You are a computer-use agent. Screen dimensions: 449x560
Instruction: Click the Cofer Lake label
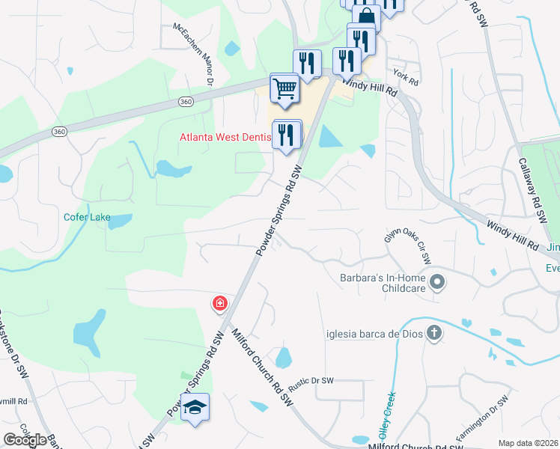87,218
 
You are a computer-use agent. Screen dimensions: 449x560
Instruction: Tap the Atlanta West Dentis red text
224,138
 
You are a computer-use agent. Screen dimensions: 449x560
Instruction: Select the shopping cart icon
284,90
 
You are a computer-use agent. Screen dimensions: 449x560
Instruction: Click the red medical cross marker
220,303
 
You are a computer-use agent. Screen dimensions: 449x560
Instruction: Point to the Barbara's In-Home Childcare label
383,282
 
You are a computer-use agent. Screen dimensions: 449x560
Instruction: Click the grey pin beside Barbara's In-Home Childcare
439,283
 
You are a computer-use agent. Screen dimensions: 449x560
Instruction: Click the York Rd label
405,74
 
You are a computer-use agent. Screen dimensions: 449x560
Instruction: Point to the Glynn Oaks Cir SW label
408,246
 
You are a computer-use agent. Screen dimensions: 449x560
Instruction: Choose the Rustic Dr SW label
311,381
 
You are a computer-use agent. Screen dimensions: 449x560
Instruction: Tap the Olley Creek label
387,415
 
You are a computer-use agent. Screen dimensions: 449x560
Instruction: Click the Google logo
25,439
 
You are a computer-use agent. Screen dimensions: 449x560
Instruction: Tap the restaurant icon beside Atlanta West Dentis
287,135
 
